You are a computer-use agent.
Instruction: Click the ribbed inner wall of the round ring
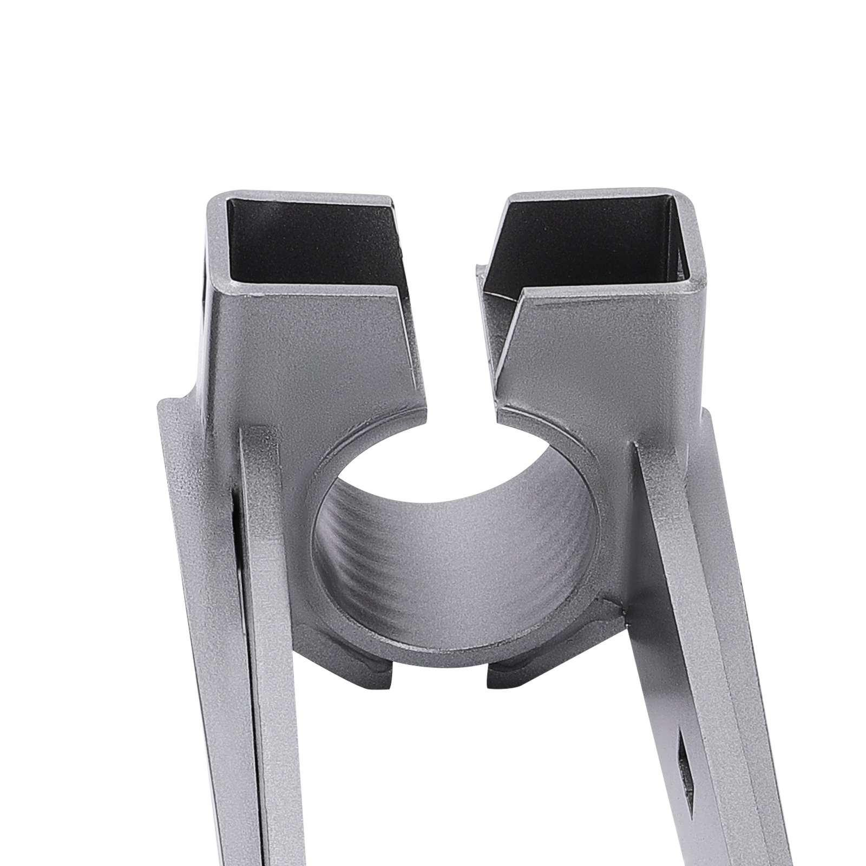(455, 541)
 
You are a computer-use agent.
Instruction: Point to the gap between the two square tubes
(460, 303)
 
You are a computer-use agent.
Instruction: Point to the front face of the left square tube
(319, 352)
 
